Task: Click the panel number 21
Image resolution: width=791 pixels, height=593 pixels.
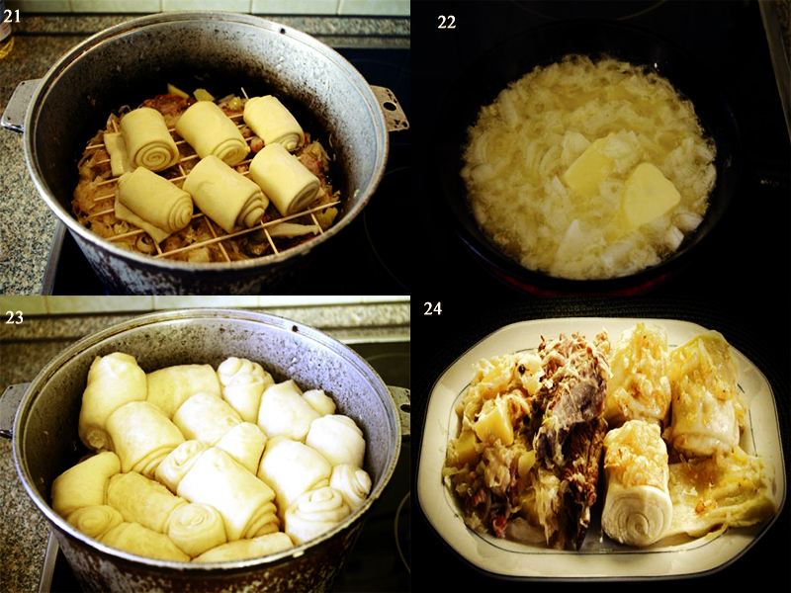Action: [x=12, y=16]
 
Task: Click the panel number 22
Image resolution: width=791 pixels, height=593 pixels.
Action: [x=447, y=22]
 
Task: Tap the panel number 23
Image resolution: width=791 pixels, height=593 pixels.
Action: [x=14, y=317]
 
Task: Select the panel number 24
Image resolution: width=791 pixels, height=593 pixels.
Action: [x=433, y=308]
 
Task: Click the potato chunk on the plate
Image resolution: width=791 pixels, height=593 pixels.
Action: [x=495, y=423]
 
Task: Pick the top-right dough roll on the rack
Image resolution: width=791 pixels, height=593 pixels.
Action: [x=274, y=123]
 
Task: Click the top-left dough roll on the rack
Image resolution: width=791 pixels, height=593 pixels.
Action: [x=146, y=138]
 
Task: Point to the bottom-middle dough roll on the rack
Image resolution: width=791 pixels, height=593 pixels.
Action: [x=225, y=194]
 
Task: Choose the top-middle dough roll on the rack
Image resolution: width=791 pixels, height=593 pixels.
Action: [x=212, y=132]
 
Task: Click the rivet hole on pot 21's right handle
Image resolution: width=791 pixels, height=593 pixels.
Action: [x=390, y=106]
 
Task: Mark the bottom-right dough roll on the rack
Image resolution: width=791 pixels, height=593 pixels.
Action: [x=286, y=179]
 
